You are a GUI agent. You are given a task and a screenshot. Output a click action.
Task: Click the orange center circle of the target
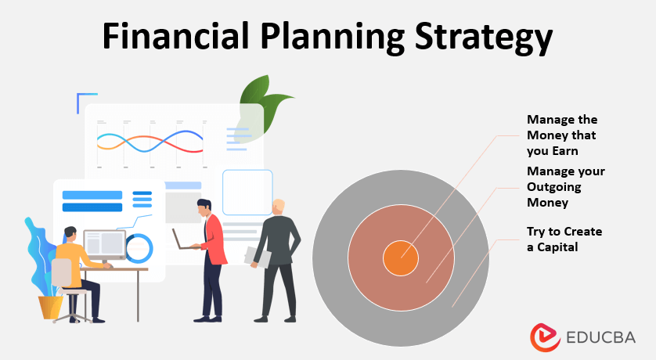click(x=400, y=259)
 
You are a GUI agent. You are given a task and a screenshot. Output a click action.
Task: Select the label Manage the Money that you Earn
click(x=561, y=135)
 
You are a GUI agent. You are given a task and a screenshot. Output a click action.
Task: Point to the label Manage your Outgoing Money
click(x=565, y=186)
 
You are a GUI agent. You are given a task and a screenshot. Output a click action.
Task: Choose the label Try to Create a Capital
click(x=564, y=239)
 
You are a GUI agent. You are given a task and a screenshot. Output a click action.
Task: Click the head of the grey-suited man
click(x=279, y=207)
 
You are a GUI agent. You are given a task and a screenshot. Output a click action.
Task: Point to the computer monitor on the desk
click(x=104, y=245)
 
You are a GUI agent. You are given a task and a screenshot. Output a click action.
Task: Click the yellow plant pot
click(x=51, y=306)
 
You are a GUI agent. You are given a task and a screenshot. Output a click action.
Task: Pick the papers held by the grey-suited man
click(x=259, y=256)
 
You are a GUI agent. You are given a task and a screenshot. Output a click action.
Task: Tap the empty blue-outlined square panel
click(x=247, y=192)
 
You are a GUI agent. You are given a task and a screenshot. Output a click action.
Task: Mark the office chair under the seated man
click(x=67, y=290)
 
